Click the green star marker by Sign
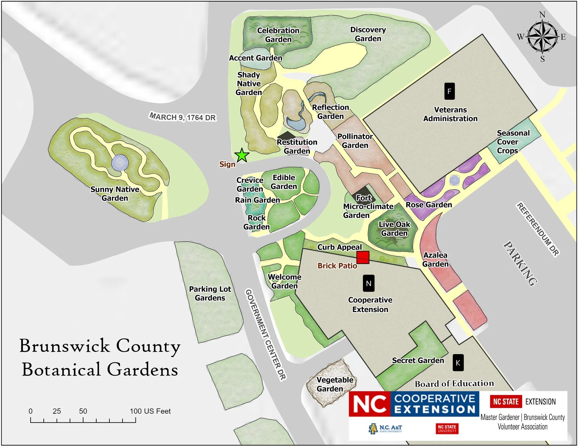coord(242,155)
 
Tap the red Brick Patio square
coord(363,257)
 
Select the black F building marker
coord(449,91)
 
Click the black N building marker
coord(369,283)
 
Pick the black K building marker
coord(458,363)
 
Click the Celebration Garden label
coord(278,35)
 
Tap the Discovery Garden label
coord(368,34)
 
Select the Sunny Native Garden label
coord(115,193)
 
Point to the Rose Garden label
coord(429,204)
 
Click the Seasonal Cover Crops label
coord(513,141)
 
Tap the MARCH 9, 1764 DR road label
coord(182,117)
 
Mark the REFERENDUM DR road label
coord(537,229)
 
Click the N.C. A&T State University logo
coord(385,428)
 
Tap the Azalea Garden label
coord(435,260)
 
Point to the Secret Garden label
coord(418,360)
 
